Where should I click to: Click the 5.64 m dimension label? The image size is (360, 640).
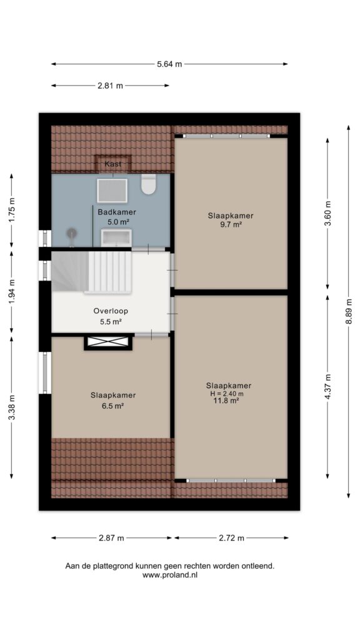coord(169,64)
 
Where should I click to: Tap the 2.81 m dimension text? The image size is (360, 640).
coord(110,86)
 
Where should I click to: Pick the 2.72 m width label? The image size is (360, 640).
coord(231,538)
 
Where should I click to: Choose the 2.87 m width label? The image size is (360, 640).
coord(111,538)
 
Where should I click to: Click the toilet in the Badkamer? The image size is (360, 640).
coord(148,184)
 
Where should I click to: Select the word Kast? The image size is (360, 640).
coord(112,164)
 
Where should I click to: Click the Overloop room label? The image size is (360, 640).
coord(111,311)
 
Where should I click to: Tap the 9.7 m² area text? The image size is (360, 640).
coord(231,224)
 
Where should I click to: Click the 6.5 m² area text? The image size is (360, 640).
coord(112,406)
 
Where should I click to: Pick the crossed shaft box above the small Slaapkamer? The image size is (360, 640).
coord(108,342)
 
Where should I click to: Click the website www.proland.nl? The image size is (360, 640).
coord(170,575)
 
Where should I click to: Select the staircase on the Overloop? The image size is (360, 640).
coord(91,272)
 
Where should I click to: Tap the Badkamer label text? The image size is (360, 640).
coord(117,212)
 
